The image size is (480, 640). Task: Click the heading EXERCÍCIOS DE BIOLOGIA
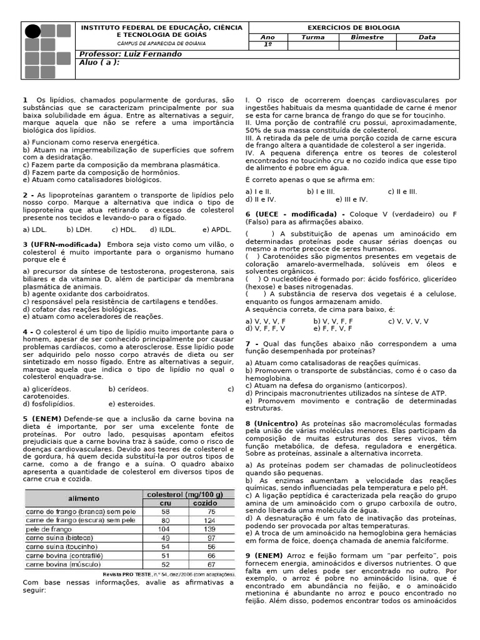[x=354, y=28]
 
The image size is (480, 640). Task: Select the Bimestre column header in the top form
[x=367, y=37]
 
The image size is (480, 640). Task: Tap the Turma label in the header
[x=312, y=37]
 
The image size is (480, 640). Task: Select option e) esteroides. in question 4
[x=131, y=404]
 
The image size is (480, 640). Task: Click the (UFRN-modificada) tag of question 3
[x=62, y=244]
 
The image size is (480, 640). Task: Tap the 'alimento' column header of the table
[x=83, y=498]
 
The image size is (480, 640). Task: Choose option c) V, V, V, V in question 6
[x=408, y=321]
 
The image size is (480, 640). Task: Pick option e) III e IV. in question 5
[x=351, y=199]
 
